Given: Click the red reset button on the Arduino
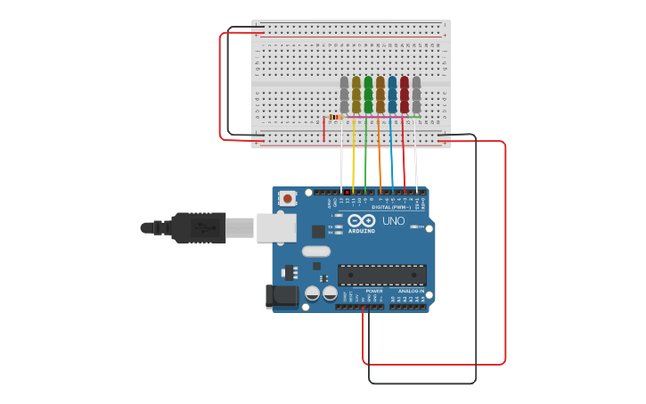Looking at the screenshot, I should click(x=287, y=199).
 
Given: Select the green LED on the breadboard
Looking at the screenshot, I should click(x=368, y=95).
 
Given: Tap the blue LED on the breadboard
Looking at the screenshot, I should click(x=392, y=95).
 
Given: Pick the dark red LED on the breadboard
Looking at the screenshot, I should click(x=404, y=95).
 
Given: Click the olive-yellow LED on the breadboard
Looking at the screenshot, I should click(x=356, y=95).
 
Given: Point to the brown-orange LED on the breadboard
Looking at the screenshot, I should click(x=380, y=95).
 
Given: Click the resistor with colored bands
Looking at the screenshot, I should click(x=335, y=117).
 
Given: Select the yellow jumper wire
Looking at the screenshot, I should click(x=353, y=156).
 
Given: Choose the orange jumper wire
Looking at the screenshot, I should click(x=380, y=156).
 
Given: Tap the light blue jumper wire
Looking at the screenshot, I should click(x=392, y=156).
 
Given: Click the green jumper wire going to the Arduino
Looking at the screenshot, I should click(x=365, y=156).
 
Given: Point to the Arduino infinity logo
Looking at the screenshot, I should click(x=361, y=220).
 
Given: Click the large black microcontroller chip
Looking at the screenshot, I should click(x=381, y=275).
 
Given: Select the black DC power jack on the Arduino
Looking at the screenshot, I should click(x=282, y=296).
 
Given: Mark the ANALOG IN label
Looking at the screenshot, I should click(x=411, y=291).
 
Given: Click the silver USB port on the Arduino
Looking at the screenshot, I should click(x=276, y=227).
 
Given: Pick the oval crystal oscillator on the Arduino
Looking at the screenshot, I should click(x=316, y=251).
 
